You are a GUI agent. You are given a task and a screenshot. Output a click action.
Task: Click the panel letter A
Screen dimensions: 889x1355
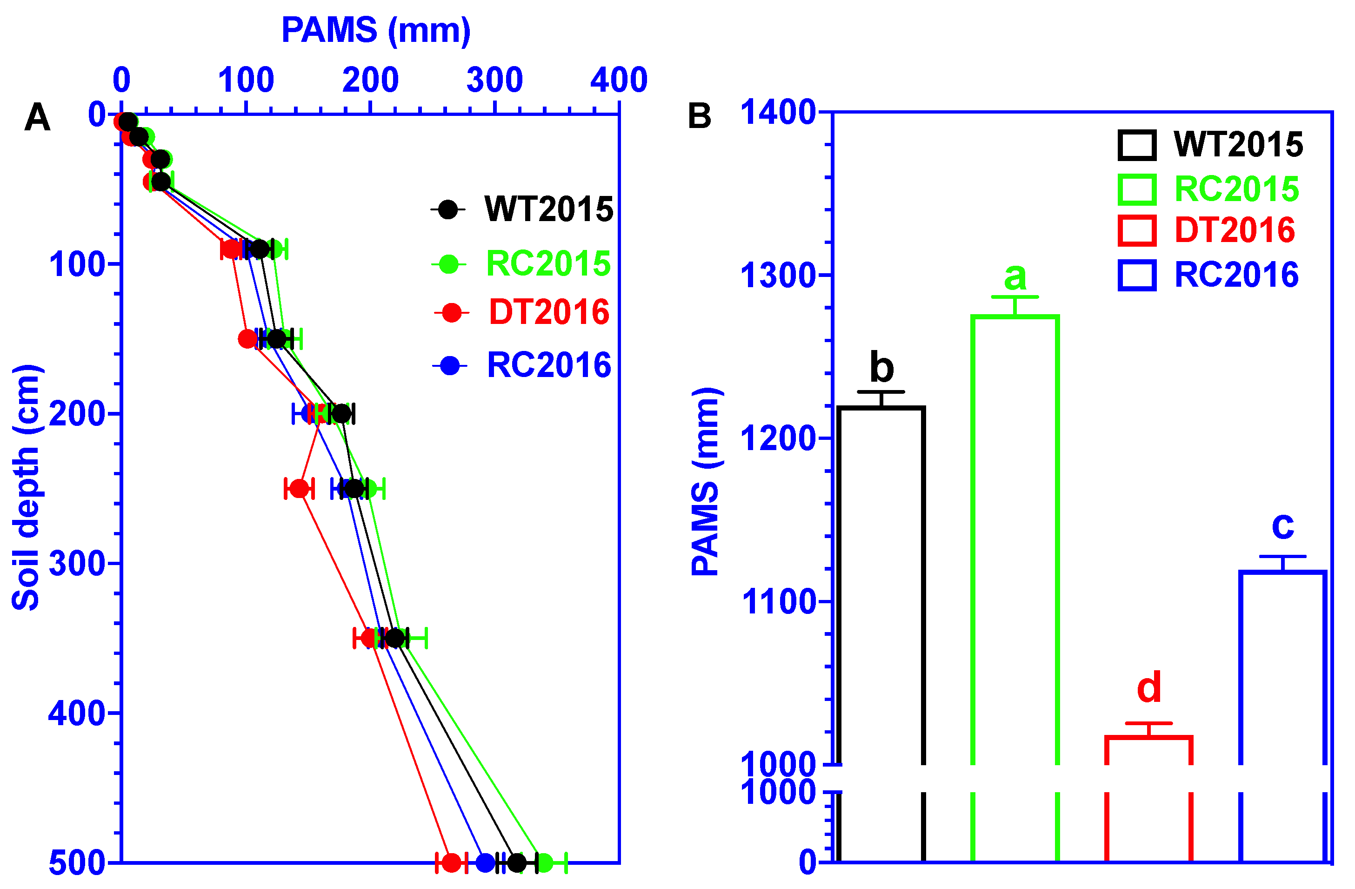click(38, 118)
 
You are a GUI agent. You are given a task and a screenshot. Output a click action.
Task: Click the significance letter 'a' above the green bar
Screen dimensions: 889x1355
click(1015, 277)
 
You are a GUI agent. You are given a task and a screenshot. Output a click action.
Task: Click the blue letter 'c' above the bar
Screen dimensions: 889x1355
click(1283, 525)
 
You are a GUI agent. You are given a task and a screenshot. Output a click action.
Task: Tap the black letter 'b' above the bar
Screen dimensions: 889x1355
click(881, 368)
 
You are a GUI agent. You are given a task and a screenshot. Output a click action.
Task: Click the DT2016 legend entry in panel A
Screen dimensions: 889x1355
click(549, 312)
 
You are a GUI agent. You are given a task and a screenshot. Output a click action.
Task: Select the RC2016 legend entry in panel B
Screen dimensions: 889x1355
click(1236, 275)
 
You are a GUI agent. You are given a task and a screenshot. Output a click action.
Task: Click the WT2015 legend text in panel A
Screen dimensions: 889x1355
click(549, 209)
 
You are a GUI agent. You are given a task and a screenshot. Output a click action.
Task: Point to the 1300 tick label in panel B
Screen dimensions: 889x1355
click(778, 276)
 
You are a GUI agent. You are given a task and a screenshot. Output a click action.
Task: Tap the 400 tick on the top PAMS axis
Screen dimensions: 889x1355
click(619, 80)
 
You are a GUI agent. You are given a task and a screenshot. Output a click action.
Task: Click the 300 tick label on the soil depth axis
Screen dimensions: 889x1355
click(77, 564)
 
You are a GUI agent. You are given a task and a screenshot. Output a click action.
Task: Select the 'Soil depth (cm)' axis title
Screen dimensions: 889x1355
click(26, 487)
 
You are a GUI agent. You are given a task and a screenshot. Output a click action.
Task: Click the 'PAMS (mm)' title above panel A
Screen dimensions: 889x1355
click(376, 30)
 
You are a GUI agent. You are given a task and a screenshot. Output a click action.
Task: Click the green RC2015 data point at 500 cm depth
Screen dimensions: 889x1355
click(544, 862)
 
